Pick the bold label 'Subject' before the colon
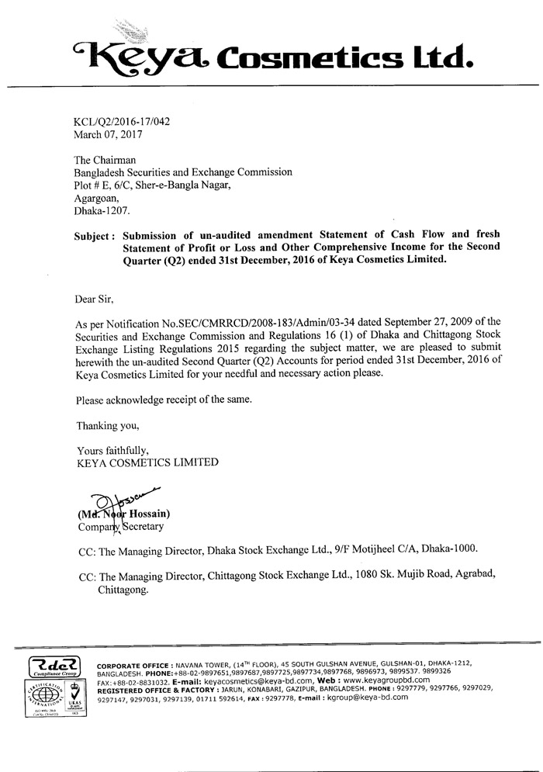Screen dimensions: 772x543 click(x=94, y=235)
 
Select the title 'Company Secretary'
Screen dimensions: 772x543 click(x=120, y=527)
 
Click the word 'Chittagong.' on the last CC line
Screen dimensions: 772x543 click(x=123, y=590)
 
